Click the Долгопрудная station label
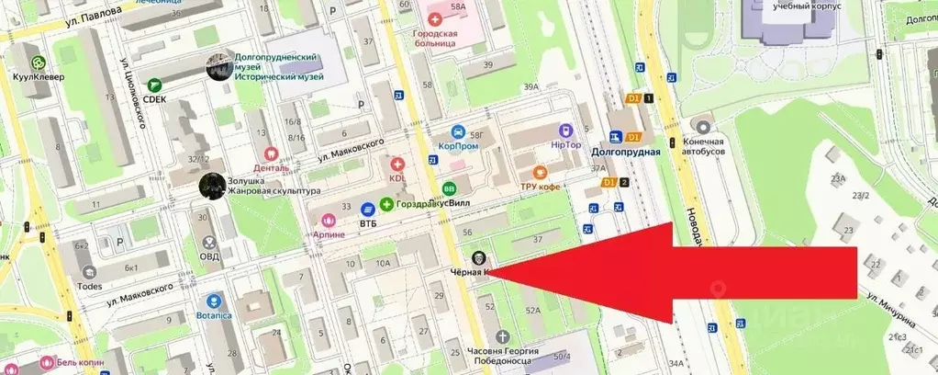tap(626, 152)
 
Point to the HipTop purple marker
tap(565, 131)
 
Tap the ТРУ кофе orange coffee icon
tap(541, 172)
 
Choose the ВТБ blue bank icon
tap(367, 209)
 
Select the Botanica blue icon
tap(214, 301)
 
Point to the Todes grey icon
tap(89, 272)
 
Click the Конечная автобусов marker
tap(704, 127)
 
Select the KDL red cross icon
tap(397, 163)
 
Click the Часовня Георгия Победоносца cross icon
tap(500, 337)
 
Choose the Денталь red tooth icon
tap(271, 154)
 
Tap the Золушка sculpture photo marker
tap(211, 186)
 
